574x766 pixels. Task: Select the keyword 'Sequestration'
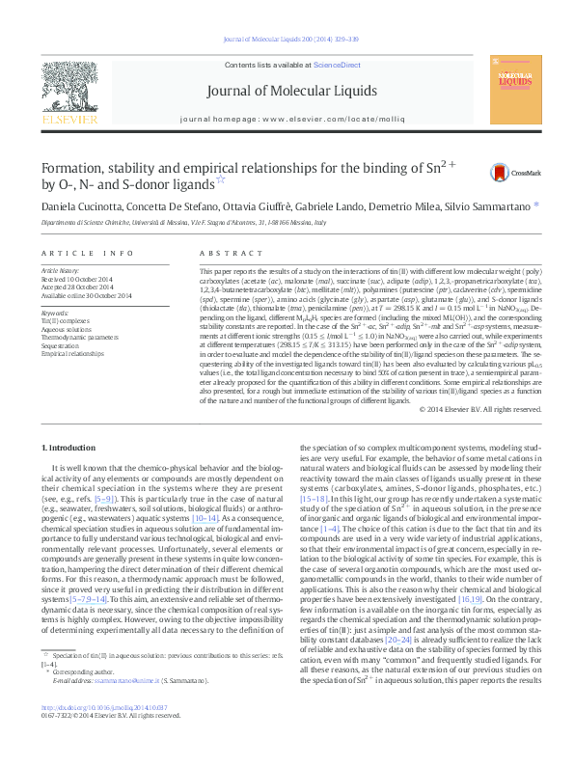click(x=62, y=342)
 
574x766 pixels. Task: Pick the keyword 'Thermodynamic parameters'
click(x=81, y=335)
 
